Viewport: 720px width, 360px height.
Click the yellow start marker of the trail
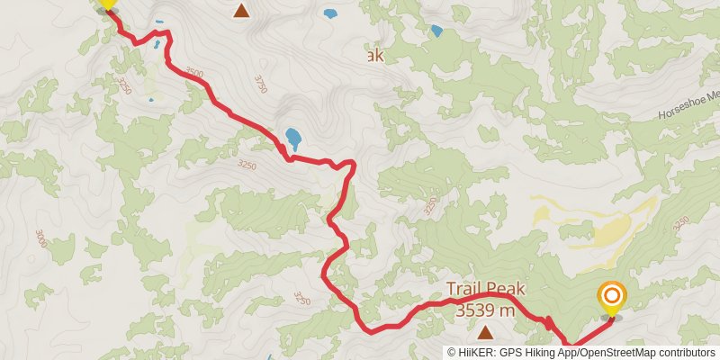106,4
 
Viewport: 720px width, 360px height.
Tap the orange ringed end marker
611,296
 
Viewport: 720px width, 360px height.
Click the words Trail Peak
485,290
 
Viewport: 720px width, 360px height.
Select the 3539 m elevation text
485,310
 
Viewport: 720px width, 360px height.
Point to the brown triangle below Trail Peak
485,331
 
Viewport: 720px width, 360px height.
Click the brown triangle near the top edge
241,11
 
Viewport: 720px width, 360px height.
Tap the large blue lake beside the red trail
293,139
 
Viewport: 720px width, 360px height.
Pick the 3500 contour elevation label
193,73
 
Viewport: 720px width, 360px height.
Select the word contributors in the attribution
687,353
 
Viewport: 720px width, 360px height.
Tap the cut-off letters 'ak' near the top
373,56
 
